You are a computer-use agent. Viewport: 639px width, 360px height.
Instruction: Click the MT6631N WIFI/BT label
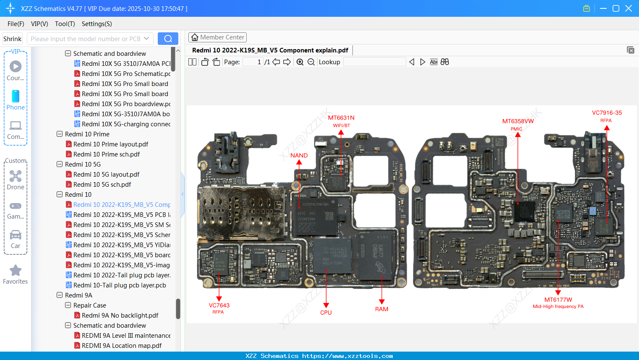pos(341,121)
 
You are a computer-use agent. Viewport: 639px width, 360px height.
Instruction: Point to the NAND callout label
pos(299,155)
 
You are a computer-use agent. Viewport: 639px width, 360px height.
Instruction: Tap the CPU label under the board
pos(326,313)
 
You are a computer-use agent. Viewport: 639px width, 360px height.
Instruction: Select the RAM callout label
pos(381,309)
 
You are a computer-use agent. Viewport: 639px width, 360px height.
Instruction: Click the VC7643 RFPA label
pos(219,308)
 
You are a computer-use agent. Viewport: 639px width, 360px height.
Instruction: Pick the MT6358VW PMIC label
pos(518,124)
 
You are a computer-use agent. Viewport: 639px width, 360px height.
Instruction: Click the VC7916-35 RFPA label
pos(607,116)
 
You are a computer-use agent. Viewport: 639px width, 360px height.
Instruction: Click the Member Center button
pos(217,37)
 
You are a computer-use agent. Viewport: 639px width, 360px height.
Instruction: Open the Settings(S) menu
pos(97,24)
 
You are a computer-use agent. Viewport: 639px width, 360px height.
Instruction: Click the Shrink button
pos(13,39)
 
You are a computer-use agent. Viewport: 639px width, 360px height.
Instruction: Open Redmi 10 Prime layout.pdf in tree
pos(111,144)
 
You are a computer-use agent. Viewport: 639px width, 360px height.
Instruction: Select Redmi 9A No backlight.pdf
pos(120,316)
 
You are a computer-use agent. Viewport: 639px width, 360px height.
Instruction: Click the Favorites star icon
pos(16,271)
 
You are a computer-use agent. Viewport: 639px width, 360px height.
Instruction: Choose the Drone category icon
pos(16,176)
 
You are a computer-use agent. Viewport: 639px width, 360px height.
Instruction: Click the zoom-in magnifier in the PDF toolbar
pos(300,62)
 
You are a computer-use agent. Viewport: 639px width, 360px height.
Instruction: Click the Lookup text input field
pos(374,62)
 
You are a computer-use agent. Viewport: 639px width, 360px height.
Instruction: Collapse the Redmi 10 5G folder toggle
pos(60,164)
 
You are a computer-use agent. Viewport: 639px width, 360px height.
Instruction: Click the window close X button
pos(629,8)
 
